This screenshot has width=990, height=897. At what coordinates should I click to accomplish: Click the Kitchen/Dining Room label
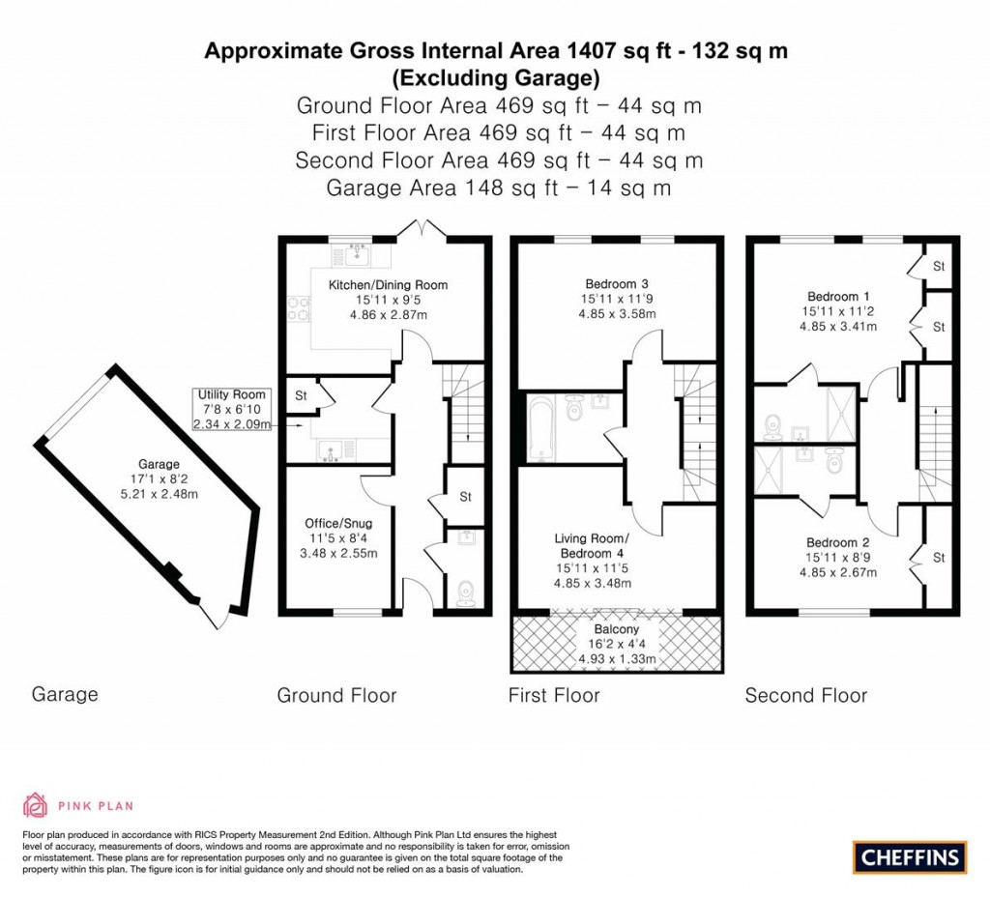coord(388,285)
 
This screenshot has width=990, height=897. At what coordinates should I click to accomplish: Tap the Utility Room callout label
coord(232,395)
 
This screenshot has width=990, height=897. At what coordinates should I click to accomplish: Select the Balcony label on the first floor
coord(617,629)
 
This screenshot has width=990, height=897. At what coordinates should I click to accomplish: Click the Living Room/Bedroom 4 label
coord(592,545)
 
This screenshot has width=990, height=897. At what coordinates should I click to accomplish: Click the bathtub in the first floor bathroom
coord(539,428)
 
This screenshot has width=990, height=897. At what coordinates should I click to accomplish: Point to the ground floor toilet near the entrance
coord(465,592)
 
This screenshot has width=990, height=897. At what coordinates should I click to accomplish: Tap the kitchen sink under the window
coord(360,254)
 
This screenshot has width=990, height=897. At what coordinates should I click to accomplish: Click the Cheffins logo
coord(910,856)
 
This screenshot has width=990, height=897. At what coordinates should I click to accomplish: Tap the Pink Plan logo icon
coord(35,804)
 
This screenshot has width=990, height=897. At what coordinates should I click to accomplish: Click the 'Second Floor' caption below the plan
coord(805,695)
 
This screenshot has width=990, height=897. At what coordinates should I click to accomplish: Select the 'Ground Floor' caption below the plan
coord(336,695)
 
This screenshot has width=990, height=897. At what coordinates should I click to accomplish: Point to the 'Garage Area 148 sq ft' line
coord(498,188)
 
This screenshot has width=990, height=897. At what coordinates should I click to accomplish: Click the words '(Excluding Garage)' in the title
coord(495,77)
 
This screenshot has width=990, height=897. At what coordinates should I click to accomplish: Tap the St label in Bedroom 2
coord(939,558)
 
